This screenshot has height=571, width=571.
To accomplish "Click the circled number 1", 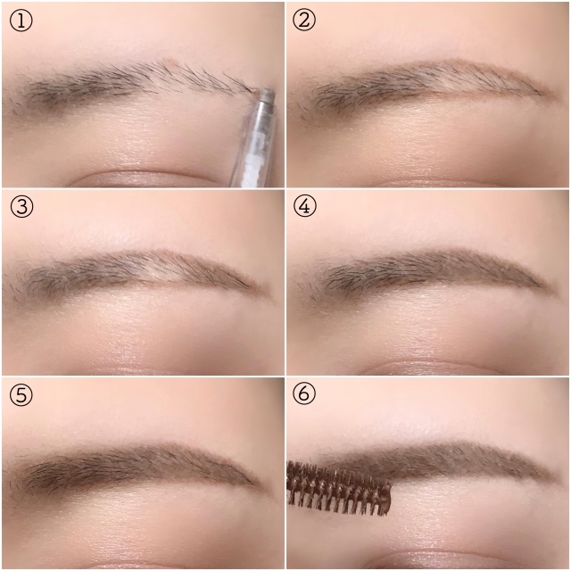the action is coord(21,20).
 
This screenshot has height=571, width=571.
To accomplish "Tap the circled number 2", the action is coord(304,20).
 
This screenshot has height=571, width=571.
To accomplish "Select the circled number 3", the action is coord(21,206).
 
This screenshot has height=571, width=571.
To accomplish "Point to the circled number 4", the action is coord(304,206).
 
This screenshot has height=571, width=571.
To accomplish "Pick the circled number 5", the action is coord(21,394).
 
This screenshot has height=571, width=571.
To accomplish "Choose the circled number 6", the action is coord(304,393).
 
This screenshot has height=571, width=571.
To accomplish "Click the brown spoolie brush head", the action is coord(339,488).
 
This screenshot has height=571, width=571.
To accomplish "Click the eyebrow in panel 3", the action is coord(138,273).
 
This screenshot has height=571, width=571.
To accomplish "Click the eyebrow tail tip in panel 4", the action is coord(554,292).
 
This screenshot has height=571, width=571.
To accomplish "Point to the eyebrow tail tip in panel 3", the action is coord(269,294).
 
